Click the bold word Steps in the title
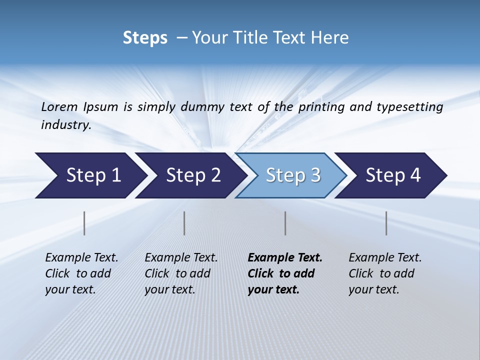tap(145, 38)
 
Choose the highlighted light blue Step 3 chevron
tap(293, 175)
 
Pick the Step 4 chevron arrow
tap(393, 175)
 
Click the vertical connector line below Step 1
tap(84, 223)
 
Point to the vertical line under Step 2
tap(184, 223)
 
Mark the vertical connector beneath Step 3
tap(285, 223)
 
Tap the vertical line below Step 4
tap(386, 223)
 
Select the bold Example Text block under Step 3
tap(285, 273)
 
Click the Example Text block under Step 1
tap(81, 273)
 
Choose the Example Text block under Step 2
tap(181, 273)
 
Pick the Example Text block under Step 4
tap(385, 273)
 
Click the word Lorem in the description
tap(59, 106)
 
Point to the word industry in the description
tap(66, 125)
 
